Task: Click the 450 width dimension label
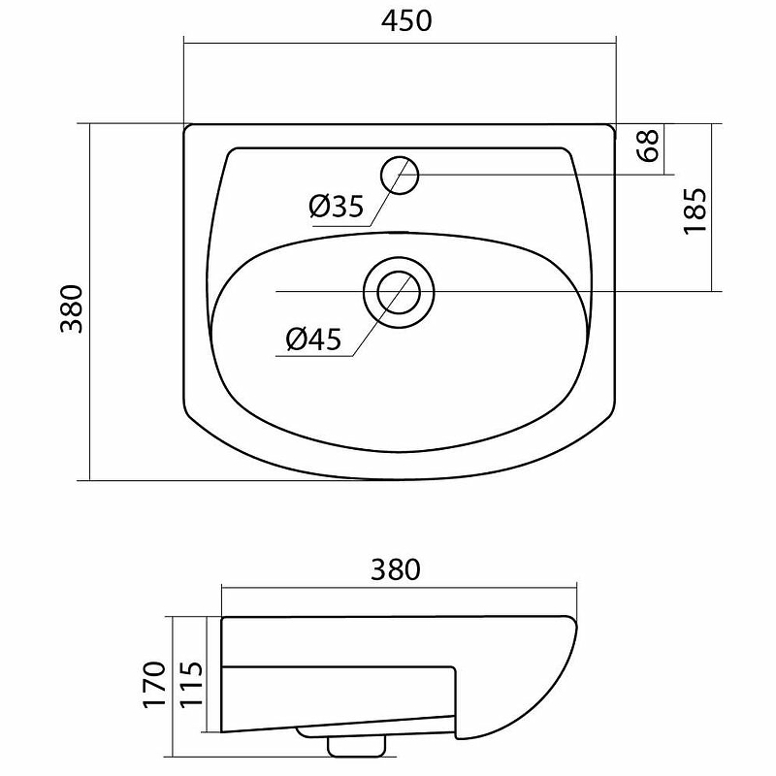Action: pyautogui.click(x=400, y=20)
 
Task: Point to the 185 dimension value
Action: pyautogui.click(x=695, y=210)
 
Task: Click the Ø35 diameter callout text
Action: pyautogui.click(x=336, y=206)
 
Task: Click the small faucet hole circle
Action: pyautogui.click(x=400, y=175)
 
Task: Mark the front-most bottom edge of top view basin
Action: pyautogui.click(x=400, y=479)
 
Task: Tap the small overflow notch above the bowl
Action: pyautogui.click(x=400, y=233)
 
